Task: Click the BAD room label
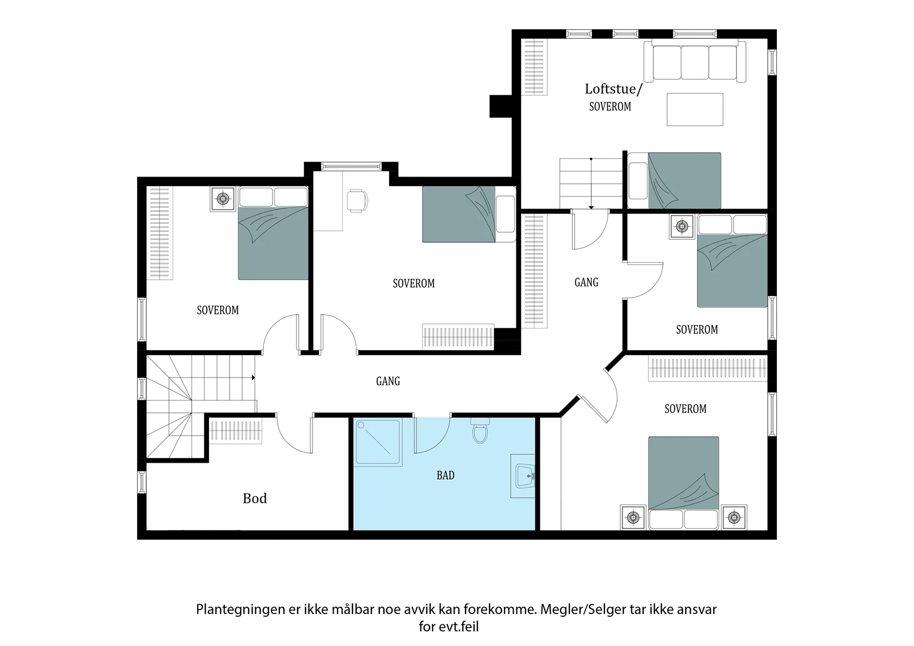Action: tap(445, 475)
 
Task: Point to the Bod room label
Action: tap(255, 498)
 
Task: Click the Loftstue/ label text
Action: tap(614, 89)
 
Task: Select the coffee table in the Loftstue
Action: tap(695, 109)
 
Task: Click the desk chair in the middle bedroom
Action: tap(357, 201)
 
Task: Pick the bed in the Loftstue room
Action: tap(674, 181)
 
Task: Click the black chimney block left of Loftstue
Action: tap(500, 106)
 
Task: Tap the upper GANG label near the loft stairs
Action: tap(586, 282)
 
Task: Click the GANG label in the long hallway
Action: tap(388, 381)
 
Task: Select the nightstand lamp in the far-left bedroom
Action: tap(223, 199)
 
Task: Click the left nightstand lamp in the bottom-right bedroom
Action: tap(633, 517)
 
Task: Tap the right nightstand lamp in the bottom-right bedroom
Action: tap(734, 517)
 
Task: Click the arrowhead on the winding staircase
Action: tap(254, 378)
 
